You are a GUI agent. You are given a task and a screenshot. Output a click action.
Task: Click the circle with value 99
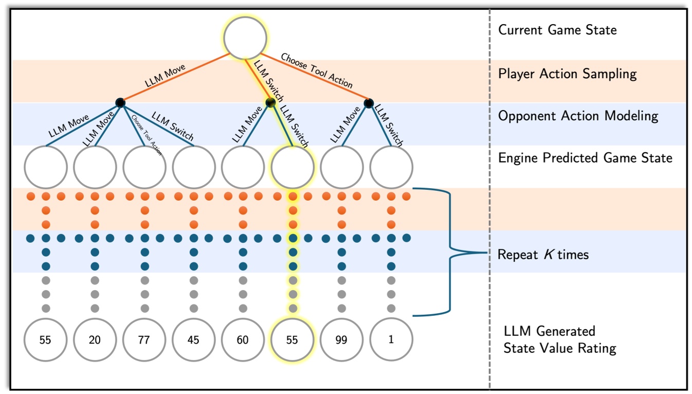tap(341, 340)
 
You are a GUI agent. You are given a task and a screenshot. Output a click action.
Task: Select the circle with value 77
tap(144, 340)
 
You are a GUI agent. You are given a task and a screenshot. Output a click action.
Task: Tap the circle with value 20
tap(95, 340)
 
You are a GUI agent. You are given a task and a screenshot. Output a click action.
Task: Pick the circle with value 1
tap(391, 340)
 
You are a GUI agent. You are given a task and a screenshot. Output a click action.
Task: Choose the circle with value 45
tap(194, 340)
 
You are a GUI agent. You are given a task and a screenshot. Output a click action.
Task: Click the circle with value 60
tap(243, 340)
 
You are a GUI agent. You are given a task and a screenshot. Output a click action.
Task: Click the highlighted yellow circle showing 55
tap(293, 340)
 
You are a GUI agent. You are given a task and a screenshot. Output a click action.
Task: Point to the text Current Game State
tap(557, 30)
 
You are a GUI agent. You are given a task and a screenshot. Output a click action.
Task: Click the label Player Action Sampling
tap(567, 74)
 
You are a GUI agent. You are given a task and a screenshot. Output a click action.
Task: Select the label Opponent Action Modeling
tap(578, 116)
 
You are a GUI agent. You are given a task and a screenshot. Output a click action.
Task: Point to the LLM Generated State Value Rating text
tap(559, 339)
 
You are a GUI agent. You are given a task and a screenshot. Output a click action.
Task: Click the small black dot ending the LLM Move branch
tap(120, 103)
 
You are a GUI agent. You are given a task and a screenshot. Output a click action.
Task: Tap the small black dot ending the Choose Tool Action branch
tap(369, 103)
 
